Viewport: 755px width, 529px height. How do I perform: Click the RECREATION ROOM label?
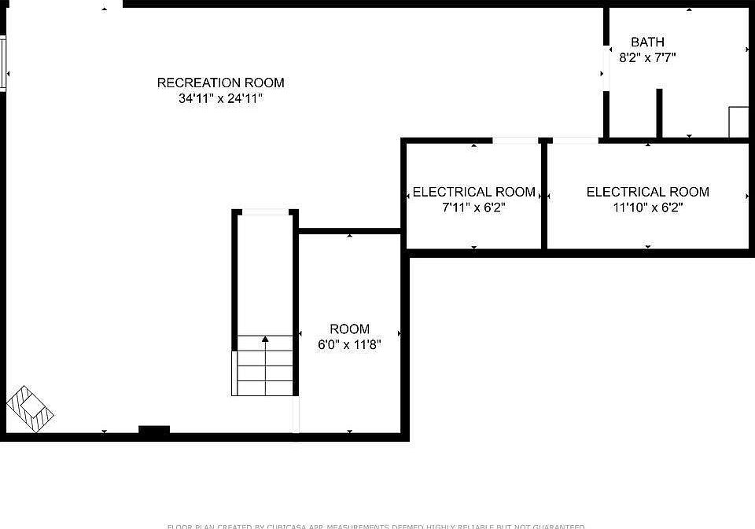pos(220,83)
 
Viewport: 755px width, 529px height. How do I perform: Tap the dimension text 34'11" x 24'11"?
pos(220,99)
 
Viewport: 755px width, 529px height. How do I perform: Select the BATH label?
pos(647,42)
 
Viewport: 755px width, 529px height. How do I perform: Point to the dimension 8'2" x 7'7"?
pos(647,57)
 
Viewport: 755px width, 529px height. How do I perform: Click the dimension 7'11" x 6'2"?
pos(473,208)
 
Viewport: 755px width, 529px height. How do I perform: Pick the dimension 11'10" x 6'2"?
pos(647,208)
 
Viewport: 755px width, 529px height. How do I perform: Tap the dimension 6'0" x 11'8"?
pos(349,344)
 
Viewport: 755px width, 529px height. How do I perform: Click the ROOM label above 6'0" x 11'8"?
pos(349,329)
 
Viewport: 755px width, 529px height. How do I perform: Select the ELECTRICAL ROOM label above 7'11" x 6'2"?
pos(473,192)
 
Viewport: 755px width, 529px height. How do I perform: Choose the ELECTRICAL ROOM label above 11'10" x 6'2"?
pos(647,192)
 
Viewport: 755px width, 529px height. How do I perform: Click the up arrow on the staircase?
pos(265,340)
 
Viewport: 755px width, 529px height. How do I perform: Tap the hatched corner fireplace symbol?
pos(30,408)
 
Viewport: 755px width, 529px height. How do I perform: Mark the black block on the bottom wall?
pos(154,430)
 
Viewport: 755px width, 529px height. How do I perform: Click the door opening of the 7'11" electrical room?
pos(516,140)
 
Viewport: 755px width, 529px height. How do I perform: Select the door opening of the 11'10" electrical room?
pos(575,140)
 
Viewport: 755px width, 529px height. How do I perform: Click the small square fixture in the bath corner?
pos(738,122)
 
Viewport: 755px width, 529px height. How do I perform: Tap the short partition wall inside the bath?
pos(659,113)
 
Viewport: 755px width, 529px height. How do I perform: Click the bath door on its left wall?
pos(606,69)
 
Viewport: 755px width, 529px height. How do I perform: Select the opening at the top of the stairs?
pos(265,211)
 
